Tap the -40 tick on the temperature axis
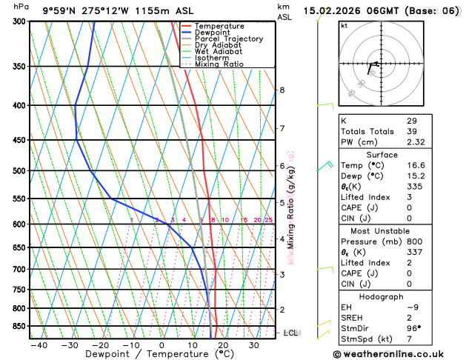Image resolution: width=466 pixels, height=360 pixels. (39, 345)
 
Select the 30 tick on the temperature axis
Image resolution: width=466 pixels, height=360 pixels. (253, 345)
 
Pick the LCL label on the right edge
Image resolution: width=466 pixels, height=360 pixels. (290, 333)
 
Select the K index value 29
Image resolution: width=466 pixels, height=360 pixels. (411, 121)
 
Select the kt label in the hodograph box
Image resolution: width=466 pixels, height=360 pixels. (344, 26)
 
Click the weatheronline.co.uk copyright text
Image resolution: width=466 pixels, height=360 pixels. (388, 354)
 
